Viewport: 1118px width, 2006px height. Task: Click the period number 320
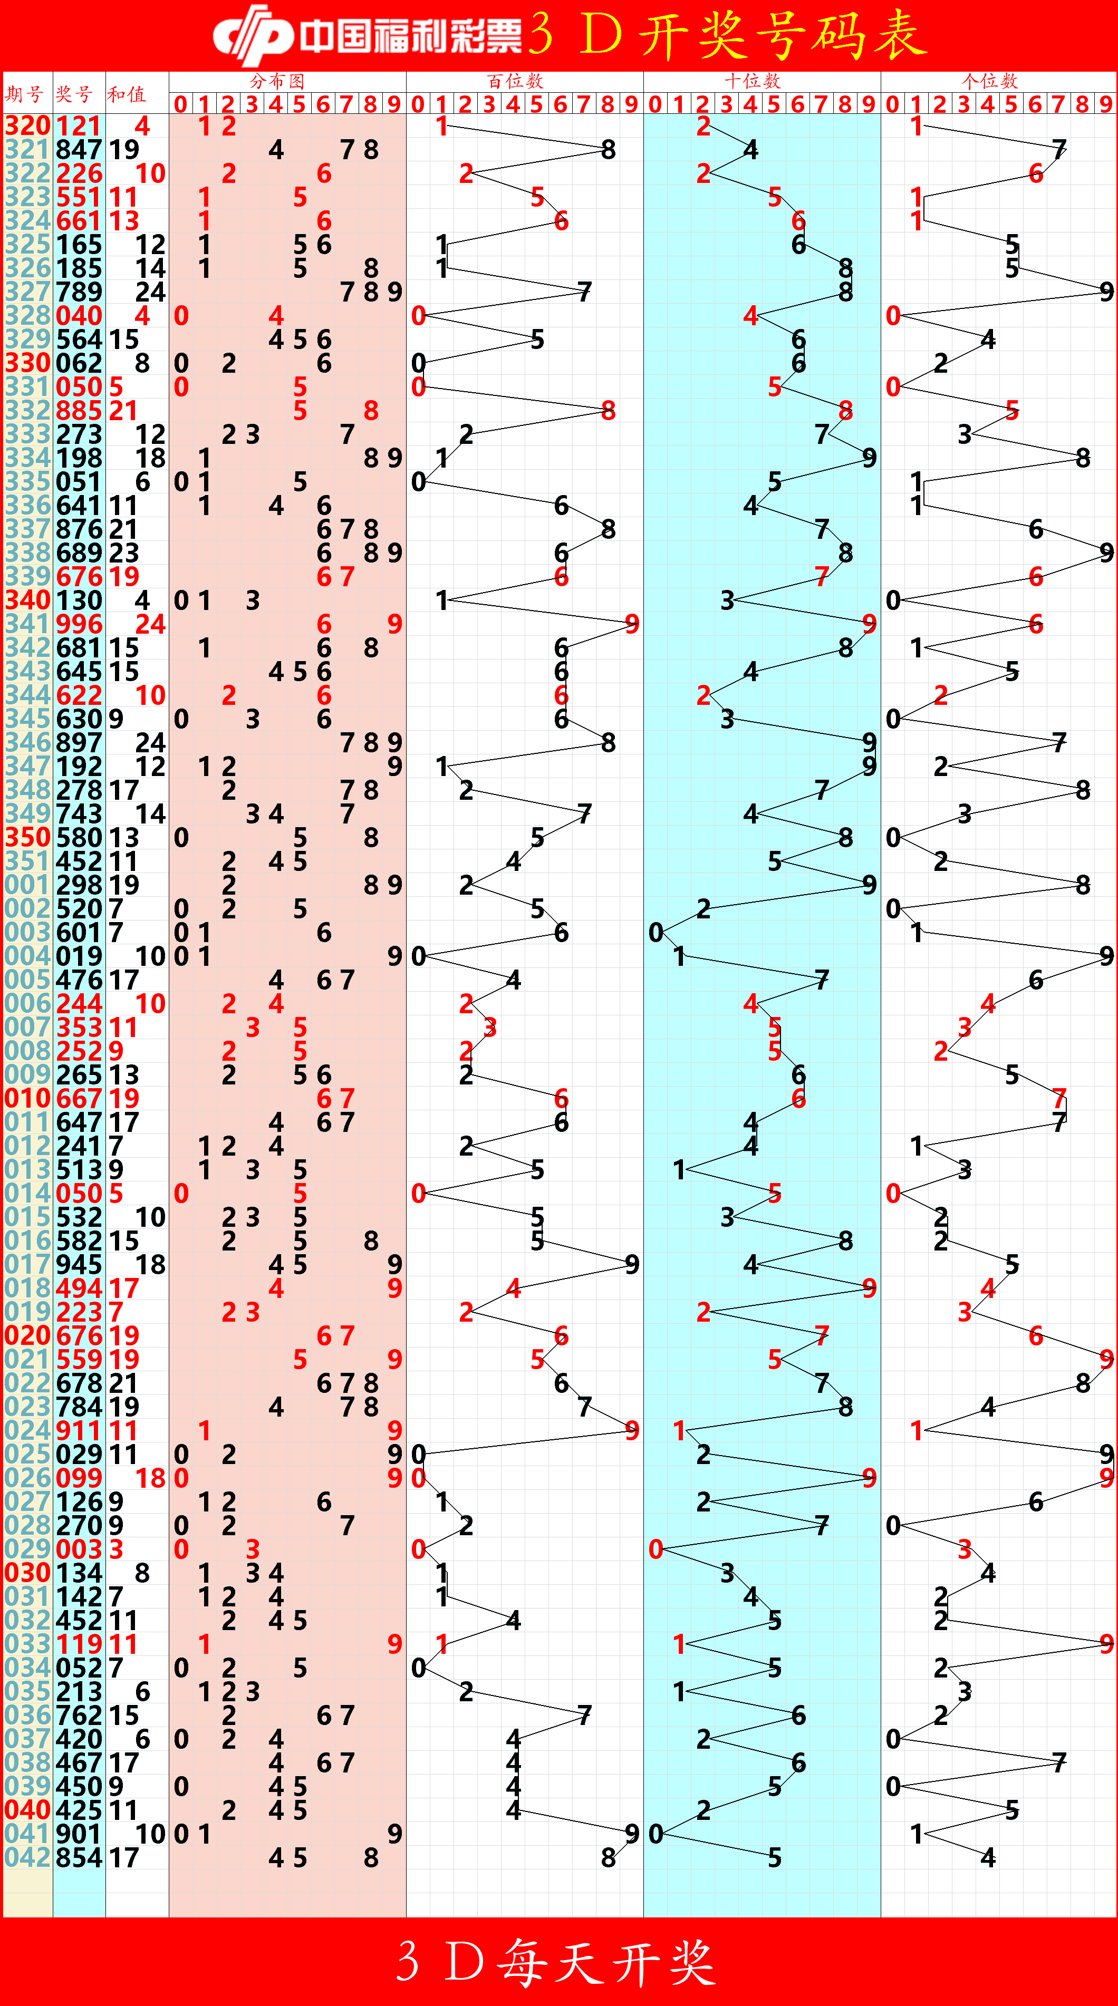(27, 126)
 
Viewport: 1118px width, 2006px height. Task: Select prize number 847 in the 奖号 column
(79, 150)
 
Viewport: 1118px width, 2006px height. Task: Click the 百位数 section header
(515, 81)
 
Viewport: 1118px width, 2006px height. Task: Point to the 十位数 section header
(752, 81)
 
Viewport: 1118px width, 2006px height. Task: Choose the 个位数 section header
(989, 81)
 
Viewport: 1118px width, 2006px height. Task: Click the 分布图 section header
(277, 81)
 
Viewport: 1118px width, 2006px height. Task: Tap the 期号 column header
(24, 95)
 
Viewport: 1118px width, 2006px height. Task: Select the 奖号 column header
(74, 95)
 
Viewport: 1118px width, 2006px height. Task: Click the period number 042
(27, 1857)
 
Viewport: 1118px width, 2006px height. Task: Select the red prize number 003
(79, 1549)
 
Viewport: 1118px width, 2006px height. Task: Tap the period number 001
(27, 885)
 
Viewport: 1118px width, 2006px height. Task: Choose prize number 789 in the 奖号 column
(79, 292)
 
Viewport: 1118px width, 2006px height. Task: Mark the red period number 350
(27, 838)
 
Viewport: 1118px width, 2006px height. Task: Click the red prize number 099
(79, 1478)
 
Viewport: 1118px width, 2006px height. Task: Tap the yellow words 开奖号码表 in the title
(783, 35)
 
